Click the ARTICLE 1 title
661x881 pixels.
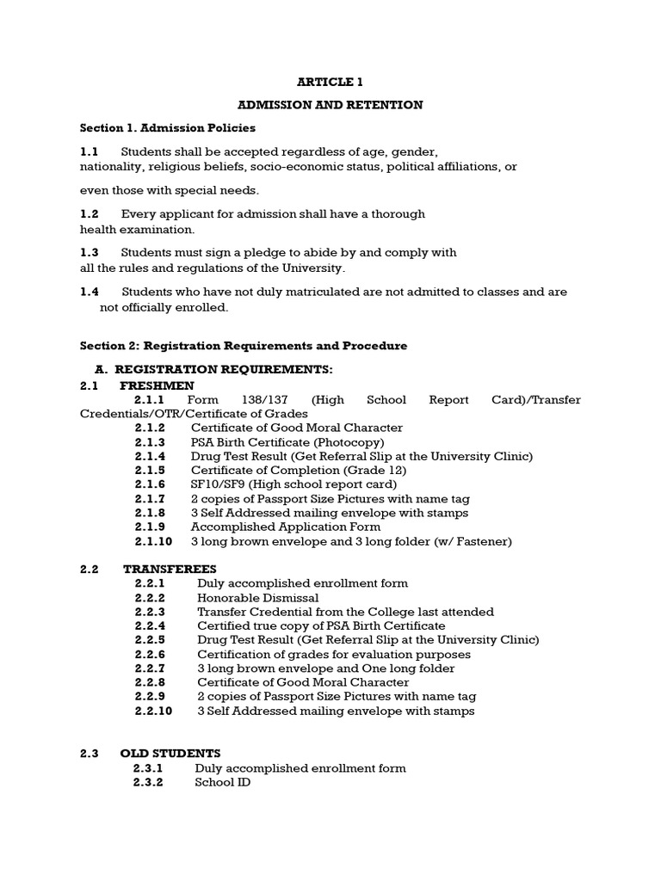pyautogui.click(x=330, y=82)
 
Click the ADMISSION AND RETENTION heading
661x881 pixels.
pyautogui.click(x=330, y=105)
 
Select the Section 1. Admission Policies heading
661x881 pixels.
pyautogui.click(x=168, y=128)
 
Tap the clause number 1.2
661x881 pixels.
pyautogui.click(x=90, y=213)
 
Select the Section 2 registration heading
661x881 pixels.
pyautogui.click(x=244, y=346)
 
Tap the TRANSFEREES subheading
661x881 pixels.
pyautogui.click(x=170, y=569)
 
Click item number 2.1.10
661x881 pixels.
pyautogui.click(x=153, y=541)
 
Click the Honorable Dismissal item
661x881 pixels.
pyautogui.click(x=257, y=597)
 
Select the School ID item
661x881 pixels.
pyautogui.click(x=222, y=784)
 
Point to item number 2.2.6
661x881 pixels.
pyautogui.click(x=150, y=654)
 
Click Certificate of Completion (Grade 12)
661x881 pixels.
pyautogui.click(x=298, y=470)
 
